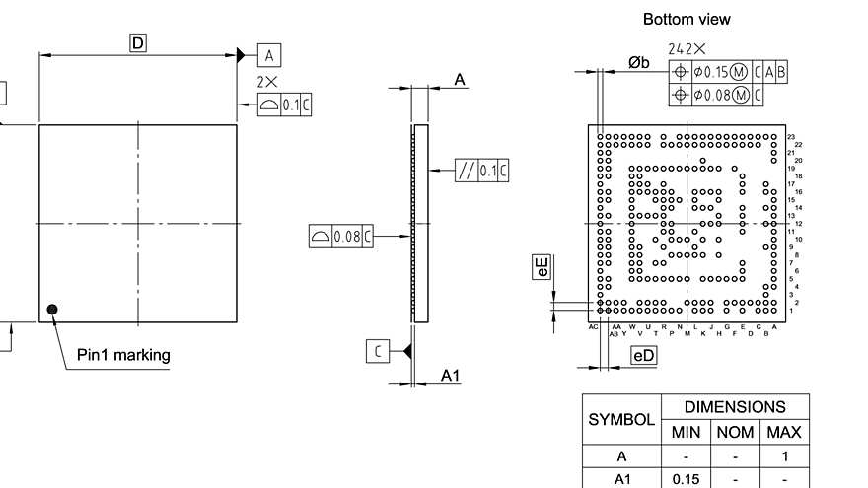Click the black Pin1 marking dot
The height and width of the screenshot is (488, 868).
tap(52, 310)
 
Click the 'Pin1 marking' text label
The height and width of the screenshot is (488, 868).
tap(123, 355)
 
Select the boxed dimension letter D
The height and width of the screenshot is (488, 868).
tap(138, 42)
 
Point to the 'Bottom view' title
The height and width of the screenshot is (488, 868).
tap(687, 19)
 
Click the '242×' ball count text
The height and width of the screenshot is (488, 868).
tap(687, 48)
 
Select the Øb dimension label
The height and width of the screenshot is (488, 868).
tap(639, 63)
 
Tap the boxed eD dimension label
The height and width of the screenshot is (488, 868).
tap(643, 355)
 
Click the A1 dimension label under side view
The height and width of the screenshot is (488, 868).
tap(450, 376)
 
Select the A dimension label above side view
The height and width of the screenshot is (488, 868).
tap(460, 79)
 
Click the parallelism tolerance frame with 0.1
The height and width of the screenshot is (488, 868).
tap(482, 171)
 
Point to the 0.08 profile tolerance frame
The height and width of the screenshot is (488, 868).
tap(341, 236)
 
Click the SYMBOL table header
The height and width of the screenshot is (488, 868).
tap(621, 419)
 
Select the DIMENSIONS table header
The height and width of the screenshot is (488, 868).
tap(735, 406)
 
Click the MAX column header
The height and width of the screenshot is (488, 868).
tap(784, 432)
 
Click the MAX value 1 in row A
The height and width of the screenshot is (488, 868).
tap(784, 456)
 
